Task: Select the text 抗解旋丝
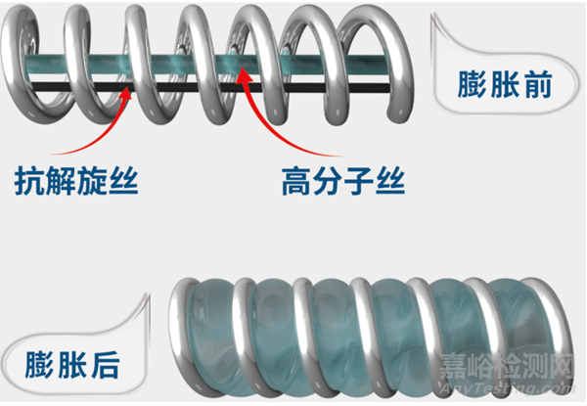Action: pyautogui.click(x=75, y=181)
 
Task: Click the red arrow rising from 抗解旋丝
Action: pyautogui.click(x=93, y=127)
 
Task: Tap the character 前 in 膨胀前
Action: pyautogui.click(x=536, y=85)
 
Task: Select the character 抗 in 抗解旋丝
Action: pyautogui.click(x=30, y=181)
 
